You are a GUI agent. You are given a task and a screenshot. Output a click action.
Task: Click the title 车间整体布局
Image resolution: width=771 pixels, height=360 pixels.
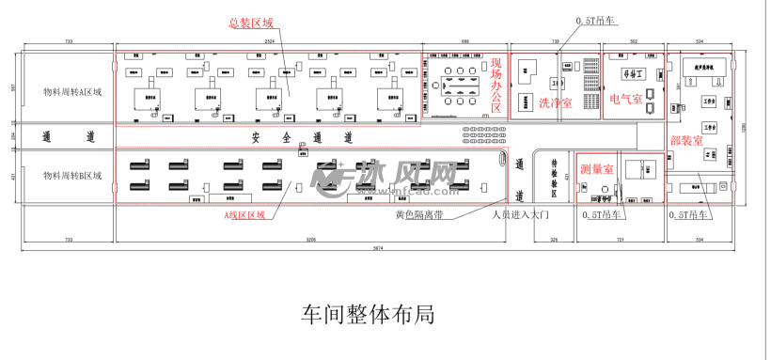(x=368, y=313)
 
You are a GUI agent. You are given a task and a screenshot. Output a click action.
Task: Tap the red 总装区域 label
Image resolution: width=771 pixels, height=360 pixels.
(x=250, y=23)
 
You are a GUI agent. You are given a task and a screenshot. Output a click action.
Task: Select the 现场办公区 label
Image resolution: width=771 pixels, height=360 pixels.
(x=496, y=85)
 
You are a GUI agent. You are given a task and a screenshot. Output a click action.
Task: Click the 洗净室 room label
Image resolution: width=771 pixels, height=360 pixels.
(x=555, y=103)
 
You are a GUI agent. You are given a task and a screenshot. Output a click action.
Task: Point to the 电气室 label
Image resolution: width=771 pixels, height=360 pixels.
(x=625, y=99)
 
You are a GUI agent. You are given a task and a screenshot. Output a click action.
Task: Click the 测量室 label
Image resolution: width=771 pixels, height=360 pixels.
(x=596, y=169)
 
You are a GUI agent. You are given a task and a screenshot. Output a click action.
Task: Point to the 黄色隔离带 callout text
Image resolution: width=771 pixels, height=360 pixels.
(x=417, y=213)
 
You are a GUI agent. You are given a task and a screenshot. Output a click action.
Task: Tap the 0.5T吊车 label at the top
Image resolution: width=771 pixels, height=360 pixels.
(x=595, y=20)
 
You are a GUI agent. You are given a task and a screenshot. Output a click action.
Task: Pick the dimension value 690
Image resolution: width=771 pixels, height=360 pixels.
(x=464, y=43)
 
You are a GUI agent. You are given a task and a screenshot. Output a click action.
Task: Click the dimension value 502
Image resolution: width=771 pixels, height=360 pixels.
(x=634, y=43)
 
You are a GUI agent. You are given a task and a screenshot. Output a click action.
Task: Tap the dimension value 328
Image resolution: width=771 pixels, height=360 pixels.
(x=554, y=241)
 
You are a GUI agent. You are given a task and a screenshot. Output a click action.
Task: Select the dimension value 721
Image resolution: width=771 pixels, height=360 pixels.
(x=620, y=241)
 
